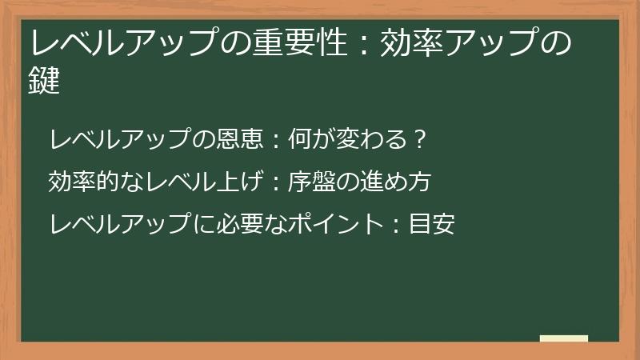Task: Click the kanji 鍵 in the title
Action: point(45,81)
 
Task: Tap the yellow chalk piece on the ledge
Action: point(564,338)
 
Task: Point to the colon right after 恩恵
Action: point(274,141)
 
